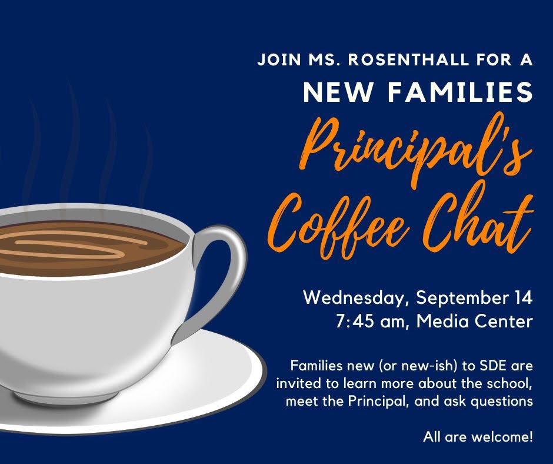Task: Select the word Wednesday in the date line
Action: pos(354,298)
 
